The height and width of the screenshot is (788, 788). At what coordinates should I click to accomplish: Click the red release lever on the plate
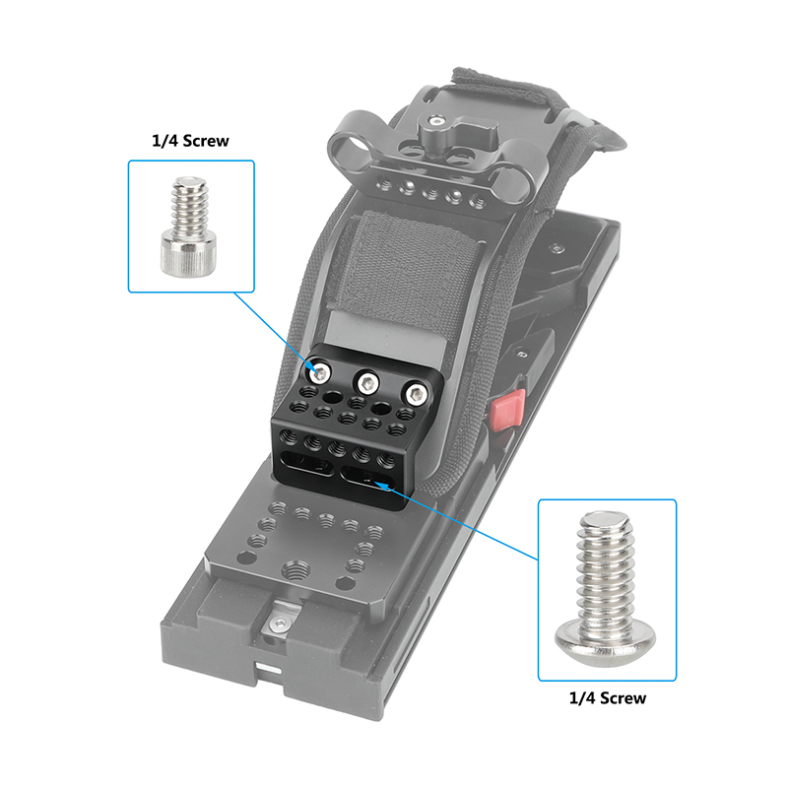508,411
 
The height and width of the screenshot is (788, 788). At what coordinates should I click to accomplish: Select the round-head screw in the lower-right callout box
606,587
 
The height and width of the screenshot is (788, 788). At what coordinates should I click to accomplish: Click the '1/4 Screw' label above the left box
190,141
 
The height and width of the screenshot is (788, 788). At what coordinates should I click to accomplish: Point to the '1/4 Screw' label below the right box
607,698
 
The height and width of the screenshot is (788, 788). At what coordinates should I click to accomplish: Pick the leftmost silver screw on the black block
319,372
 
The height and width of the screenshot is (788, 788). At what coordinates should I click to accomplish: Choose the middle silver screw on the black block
367,383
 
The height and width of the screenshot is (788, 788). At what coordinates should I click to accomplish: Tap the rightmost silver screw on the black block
417,395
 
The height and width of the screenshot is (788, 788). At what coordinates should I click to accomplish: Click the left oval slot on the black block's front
307,465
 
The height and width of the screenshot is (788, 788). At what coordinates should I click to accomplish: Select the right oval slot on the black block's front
366,478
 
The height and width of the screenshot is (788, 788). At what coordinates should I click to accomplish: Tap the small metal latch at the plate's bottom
280,623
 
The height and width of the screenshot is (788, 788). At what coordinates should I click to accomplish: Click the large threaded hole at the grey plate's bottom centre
295,569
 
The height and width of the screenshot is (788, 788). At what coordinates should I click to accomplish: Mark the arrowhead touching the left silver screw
314,371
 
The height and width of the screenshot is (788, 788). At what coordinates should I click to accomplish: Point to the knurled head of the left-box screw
189,256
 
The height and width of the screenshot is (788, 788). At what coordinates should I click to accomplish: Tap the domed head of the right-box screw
606,642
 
